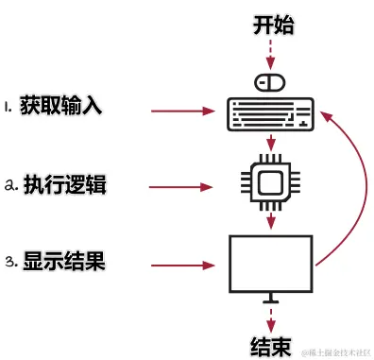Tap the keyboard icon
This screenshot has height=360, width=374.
click(272, 113)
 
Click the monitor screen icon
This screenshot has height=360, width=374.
click(272, 263)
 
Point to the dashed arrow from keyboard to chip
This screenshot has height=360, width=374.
click(272, 144)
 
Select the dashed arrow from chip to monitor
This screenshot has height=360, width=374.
click(272, 221)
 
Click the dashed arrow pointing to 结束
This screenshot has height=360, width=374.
click(272, 316)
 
